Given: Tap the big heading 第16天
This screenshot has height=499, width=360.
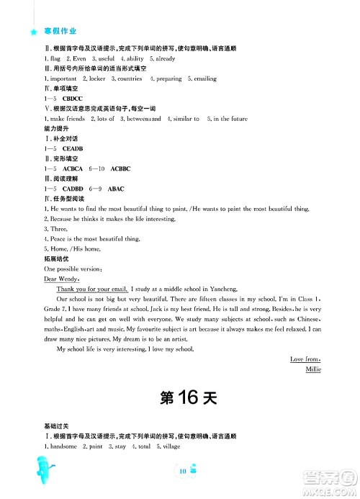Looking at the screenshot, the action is tap(179, 397).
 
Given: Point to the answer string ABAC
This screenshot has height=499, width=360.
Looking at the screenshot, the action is tap(116, 188).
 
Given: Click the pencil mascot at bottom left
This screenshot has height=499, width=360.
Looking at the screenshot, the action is tap(40, 472).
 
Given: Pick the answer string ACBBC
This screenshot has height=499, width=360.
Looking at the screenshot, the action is tap(121, 168).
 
